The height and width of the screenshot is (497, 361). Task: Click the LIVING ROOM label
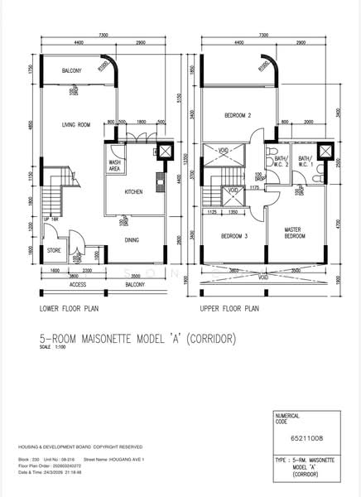tap(75, 126)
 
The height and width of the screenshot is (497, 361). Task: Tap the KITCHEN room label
tap(134, 192)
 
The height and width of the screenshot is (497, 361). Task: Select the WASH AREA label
tap(115, 166)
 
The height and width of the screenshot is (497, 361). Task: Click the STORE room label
tap(54, 249)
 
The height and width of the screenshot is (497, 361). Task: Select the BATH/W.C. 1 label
tap(305, 160)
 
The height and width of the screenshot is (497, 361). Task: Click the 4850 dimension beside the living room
tap(30, 124)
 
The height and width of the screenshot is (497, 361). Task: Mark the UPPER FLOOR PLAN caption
tap(229, 308)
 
